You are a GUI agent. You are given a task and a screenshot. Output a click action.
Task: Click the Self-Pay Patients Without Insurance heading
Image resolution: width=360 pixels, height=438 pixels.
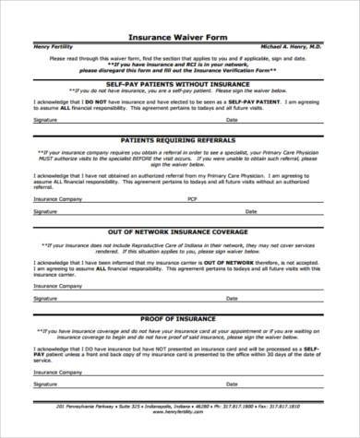coord(179,84)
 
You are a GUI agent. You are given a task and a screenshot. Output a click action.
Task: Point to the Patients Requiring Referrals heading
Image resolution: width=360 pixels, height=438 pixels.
coord(179,138)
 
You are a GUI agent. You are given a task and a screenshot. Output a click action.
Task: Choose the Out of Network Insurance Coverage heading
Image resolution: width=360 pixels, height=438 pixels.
coord(179,231)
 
